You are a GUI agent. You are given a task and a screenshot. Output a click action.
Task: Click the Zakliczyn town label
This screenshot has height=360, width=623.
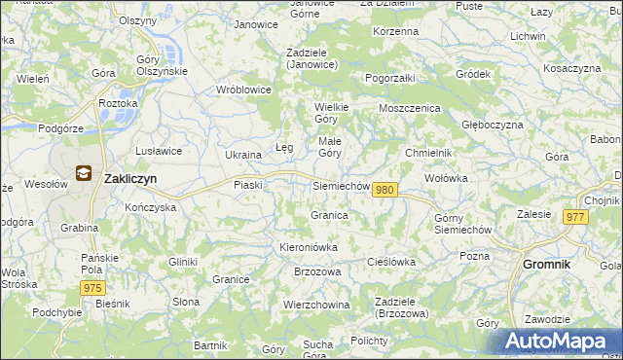coord(130,179)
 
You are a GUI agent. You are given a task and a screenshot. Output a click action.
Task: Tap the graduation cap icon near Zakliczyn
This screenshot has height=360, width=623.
coord(85,175)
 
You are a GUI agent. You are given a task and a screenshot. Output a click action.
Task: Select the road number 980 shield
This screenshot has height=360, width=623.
coord(385,190)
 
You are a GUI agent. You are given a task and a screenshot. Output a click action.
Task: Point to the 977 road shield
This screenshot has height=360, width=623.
coord(573,218)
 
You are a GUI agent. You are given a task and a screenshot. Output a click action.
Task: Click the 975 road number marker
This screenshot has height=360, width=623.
coord(92,288)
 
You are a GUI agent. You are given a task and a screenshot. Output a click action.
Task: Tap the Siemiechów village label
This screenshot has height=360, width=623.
coord(342,185)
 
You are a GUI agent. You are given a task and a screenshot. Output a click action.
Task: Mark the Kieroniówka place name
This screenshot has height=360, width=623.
coord(309,247)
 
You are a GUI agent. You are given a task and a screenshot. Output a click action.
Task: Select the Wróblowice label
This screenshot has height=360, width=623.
coord(244,90)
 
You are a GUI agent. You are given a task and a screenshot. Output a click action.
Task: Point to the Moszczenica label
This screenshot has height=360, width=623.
coord(410,108)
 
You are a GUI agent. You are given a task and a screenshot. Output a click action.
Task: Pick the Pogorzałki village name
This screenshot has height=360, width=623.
coord(390,77)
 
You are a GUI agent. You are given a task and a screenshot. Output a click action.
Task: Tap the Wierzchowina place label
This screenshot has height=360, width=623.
coord(316,304)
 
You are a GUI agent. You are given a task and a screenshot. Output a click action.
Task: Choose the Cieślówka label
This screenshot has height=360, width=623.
coord(391,262)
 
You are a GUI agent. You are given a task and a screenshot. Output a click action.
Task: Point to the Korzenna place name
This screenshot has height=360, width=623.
coord(395,32)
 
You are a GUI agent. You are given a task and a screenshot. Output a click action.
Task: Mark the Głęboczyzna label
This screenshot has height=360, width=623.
coord(493,125)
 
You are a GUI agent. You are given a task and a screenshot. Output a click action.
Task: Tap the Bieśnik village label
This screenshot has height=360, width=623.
coord(113,304)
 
